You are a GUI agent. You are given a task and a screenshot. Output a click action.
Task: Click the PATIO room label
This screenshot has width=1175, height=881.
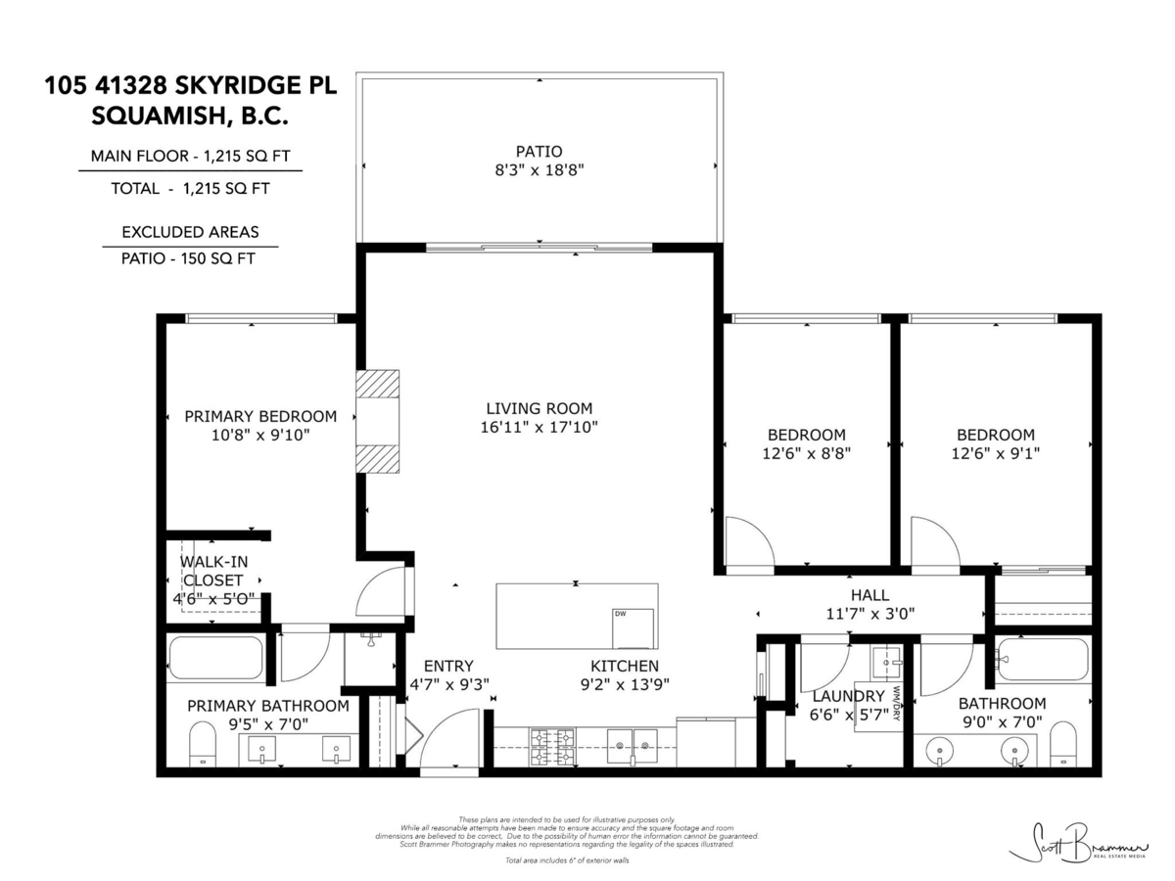pos(539,152)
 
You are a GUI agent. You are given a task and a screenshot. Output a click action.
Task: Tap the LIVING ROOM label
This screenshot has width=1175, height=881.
pos(539,408)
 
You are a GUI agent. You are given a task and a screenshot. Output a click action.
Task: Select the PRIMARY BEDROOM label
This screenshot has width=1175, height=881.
pos(260,416)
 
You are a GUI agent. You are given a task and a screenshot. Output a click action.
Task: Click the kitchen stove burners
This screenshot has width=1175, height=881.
pos(551,745)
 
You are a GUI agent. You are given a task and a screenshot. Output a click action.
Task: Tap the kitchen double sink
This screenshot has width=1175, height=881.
pos(632,745)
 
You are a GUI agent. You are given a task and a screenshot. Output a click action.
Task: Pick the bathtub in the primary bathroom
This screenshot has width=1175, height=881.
pos(216,658)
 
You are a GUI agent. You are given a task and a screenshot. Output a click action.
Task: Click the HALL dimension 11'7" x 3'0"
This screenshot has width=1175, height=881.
pos(869,615)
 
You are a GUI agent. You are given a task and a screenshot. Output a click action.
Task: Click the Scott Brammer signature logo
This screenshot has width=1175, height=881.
pos(1076,842)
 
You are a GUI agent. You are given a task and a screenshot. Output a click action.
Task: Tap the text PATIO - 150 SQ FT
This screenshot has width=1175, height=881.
pos(190,258)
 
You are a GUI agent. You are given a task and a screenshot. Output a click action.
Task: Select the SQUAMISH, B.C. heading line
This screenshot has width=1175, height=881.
pos(190,116)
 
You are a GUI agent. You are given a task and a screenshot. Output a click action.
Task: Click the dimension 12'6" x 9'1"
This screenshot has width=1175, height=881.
pos(995,453)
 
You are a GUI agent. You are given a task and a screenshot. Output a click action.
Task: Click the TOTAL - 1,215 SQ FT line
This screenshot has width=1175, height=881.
pos(190,189)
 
